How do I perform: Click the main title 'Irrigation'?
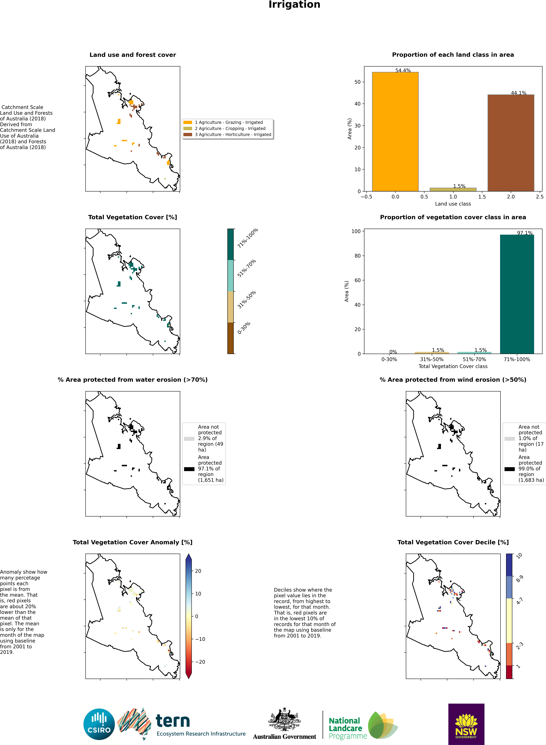[x=294, y=5]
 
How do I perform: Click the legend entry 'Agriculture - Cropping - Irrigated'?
[x=230, y=128]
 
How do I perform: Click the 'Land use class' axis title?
[x=453, y=204]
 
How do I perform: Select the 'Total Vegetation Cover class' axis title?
[x=453, y=366]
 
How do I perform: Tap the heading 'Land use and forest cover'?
[x=132, y=55]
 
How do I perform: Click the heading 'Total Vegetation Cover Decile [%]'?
[x=453, y=542]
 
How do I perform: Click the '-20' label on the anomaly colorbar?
[x=200, y=662]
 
